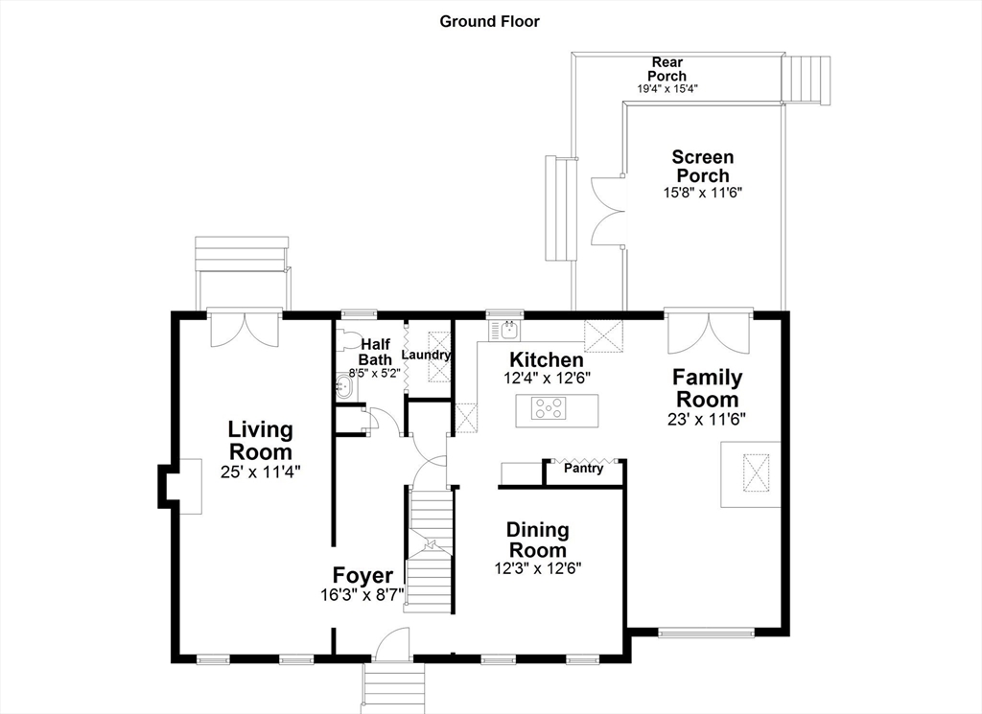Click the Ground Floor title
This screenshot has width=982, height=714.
coord(489,21)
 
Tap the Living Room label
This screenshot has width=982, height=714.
coord(261,441)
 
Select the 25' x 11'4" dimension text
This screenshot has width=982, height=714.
coord(261,472)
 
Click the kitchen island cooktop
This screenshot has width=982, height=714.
coord(549,408)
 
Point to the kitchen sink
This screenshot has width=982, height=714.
coord(504,330)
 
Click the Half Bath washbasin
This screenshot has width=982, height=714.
coord(344,387)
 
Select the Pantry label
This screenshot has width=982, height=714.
coord(584,468)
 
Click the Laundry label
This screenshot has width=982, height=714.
coord(426,355)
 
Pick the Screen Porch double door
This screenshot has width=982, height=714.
coord(607,212)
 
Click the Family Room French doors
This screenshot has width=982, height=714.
coord(709,332)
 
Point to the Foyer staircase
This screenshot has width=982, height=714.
coord(431,549)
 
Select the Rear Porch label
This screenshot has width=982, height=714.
coord(667,69)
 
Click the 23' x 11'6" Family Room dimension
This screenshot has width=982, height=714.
coord(707,419)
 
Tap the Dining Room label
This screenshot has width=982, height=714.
coord(537,540)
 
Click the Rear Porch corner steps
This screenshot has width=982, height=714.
coord(807,80)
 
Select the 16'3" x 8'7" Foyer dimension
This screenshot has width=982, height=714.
coord(362,594)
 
